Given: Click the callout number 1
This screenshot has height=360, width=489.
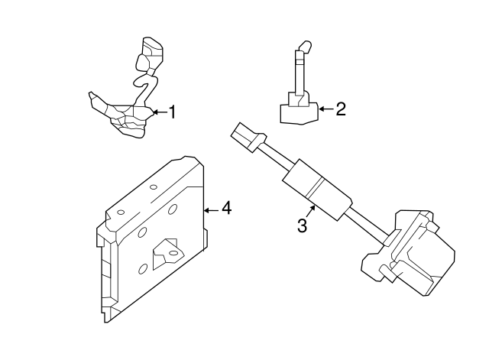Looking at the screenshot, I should coord(172,112).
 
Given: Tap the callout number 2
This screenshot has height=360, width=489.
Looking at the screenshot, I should coord(341,109).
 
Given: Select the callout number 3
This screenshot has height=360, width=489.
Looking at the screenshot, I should coord(302,225).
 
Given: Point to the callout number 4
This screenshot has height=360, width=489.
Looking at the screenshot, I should coord(226,208).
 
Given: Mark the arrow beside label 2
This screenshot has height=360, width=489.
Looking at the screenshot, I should coord(326,109).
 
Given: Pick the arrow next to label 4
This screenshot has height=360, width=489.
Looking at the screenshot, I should coord(212,208).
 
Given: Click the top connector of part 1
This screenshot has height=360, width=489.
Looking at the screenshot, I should coord(151,50).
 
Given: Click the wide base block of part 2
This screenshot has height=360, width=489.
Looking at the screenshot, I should coord(298,113).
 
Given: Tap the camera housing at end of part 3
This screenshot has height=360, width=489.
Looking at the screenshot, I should coord(416,252).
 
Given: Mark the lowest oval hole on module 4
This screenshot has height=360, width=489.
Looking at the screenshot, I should coord(143,269).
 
